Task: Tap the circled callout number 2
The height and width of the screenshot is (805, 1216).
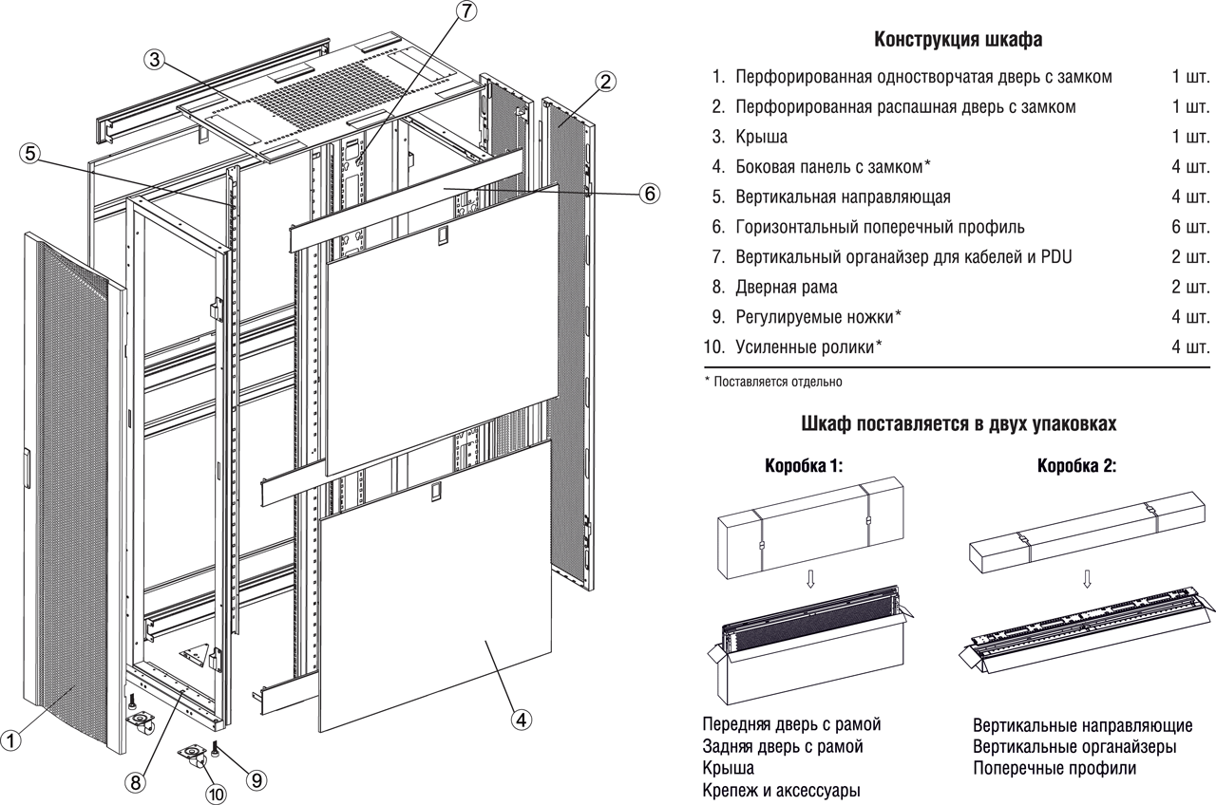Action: coord(609,81)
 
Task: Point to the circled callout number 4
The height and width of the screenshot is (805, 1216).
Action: coord(520,719)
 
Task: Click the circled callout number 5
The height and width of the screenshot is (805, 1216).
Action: coord(32,153)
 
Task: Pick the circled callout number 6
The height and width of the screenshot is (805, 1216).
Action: coord(649,194)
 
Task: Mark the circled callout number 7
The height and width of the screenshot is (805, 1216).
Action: coord(465,12)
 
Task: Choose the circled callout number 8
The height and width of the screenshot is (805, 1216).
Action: coord(136,781)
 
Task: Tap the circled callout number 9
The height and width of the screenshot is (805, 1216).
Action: coord(256,779)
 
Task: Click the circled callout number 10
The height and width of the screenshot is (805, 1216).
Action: coord(217,794)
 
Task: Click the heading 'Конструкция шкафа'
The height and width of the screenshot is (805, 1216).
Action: coord(958,40)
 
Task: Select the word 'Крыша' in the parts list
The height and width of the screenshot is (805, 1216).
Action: coord(761,137)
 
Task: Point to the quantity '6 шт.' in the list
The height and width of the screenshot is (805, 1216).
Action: coord(1190,227)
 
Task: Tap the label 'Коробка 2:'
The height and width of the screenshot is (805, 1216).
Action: coord(1076,466)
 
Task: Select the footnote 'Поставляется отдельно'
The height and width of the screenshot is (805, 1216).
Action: coord(776,382)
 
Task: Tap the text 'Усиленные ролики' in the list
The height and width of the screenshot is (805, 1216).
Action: coord(804,346)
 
